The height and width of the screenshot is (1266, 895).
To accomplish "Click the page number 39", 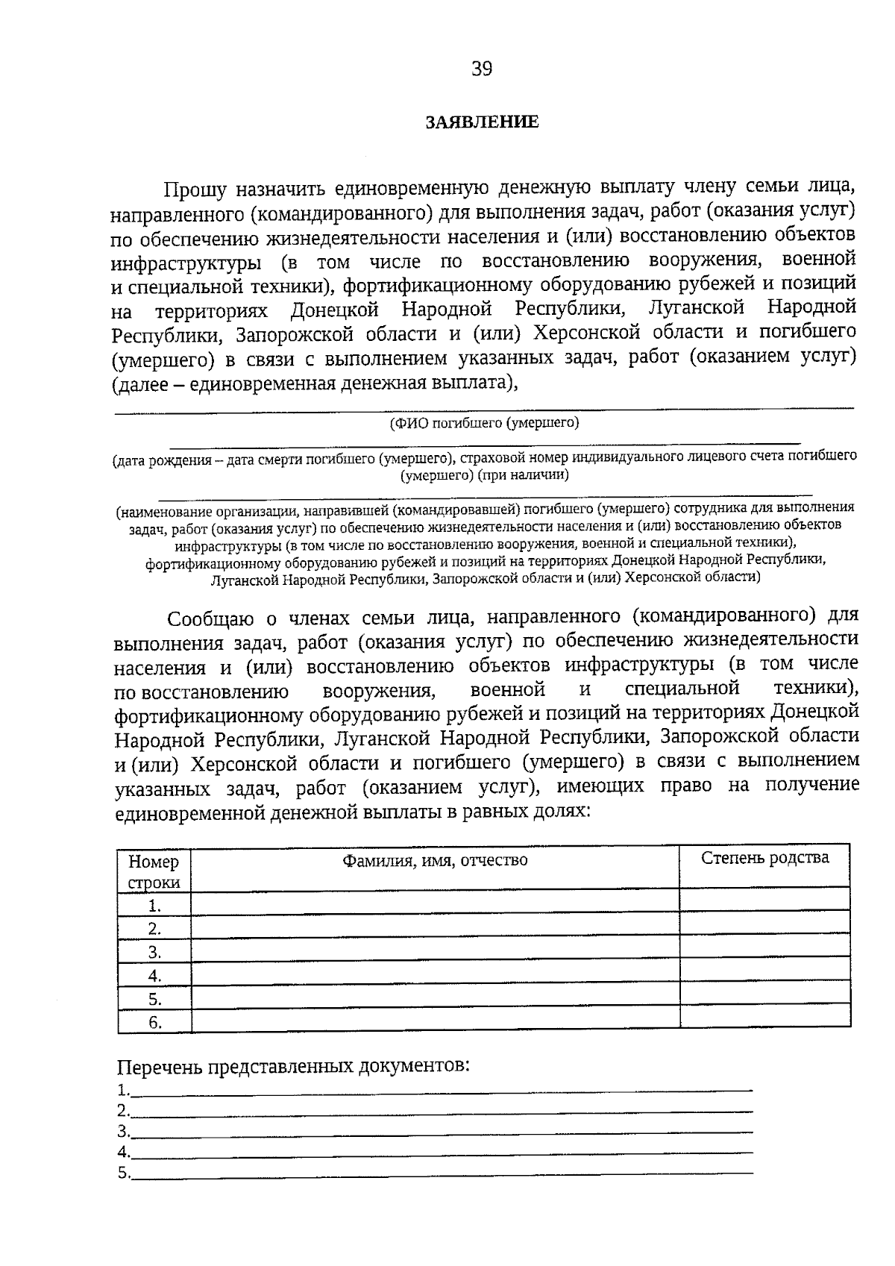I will point(481,69).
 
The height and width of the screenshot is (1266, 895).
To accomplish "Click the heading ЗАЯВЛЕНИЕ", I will point(481,122).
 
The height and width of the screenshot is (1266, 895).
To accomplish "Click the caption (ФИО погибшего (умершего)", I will point(484,423).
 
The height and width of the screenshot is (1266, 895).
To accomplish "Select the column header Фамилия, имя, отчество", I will point(435,860).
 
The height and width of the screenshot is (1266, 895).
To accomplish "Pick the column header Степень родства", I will point(764,858).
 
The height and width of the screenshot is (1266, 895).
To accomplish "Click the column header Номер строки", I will point(154,871).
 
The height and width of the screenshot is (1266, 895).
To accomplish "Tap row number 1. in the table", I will point(154,906).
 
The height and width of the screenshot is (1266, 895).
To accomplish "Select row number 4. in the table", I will point(154,976).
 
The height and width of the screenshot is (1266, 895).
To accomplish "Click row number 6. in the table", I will point(154,1023).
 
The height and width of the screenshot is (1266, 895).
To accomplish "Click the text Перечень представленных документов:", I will point(294,1065).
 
